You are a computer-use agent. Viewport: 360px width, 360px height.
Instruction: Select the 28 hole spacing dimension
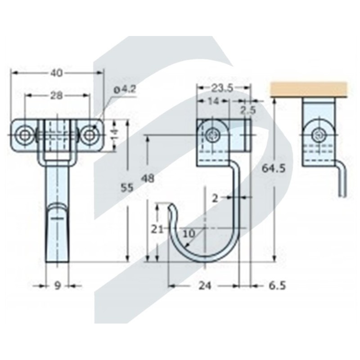point(56,95)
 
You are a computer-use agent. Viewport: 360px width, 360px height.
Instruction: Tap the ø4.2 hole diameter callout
point(125,90)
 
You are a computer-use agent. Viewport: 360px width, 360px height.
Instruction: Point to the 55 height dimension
point(127,188)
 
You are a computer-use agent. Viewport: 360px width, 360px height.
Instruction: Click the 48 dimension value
point(148,178)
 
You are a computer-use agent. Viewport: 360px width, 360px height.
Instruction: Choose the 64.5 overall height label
point(274,169)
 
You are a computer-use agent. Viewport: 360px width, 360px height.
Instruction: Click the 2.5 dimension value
point(248,110)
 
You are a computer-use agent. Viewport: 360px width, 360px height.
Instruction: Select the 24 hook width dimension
point(205,286)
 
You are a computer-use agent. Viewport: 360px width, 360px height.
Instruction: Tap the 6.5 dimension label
point(277,286)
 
